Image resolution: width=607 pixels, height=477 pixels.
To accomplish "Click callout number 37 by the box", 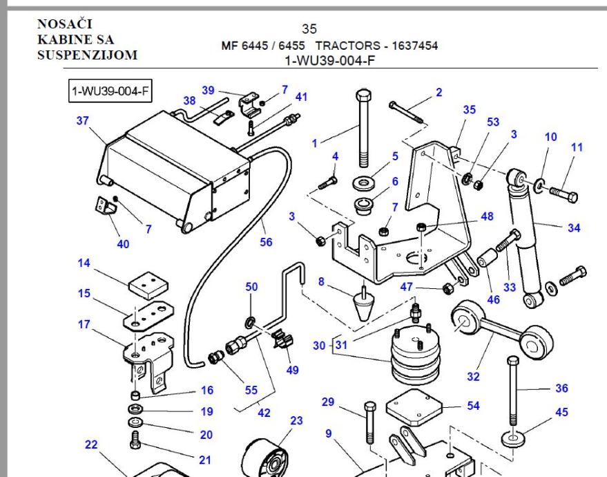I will (x=83, y=120).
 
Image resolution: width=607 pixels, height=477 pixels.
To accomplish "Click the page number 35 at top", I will (x=309, y=30).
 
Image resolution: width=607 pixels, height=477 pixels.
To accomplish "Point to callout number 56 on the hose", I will (x=267, y=242).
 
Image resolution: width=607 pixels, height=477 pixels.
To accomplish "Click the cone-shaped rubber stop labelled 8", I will (x=362, y=302).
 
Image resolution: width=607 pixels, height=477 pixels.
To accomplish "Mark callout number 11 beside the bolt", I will (x=577, y=147).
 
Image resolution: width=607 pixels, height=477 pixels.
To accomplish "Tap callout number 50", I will (x=252, y=286).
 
